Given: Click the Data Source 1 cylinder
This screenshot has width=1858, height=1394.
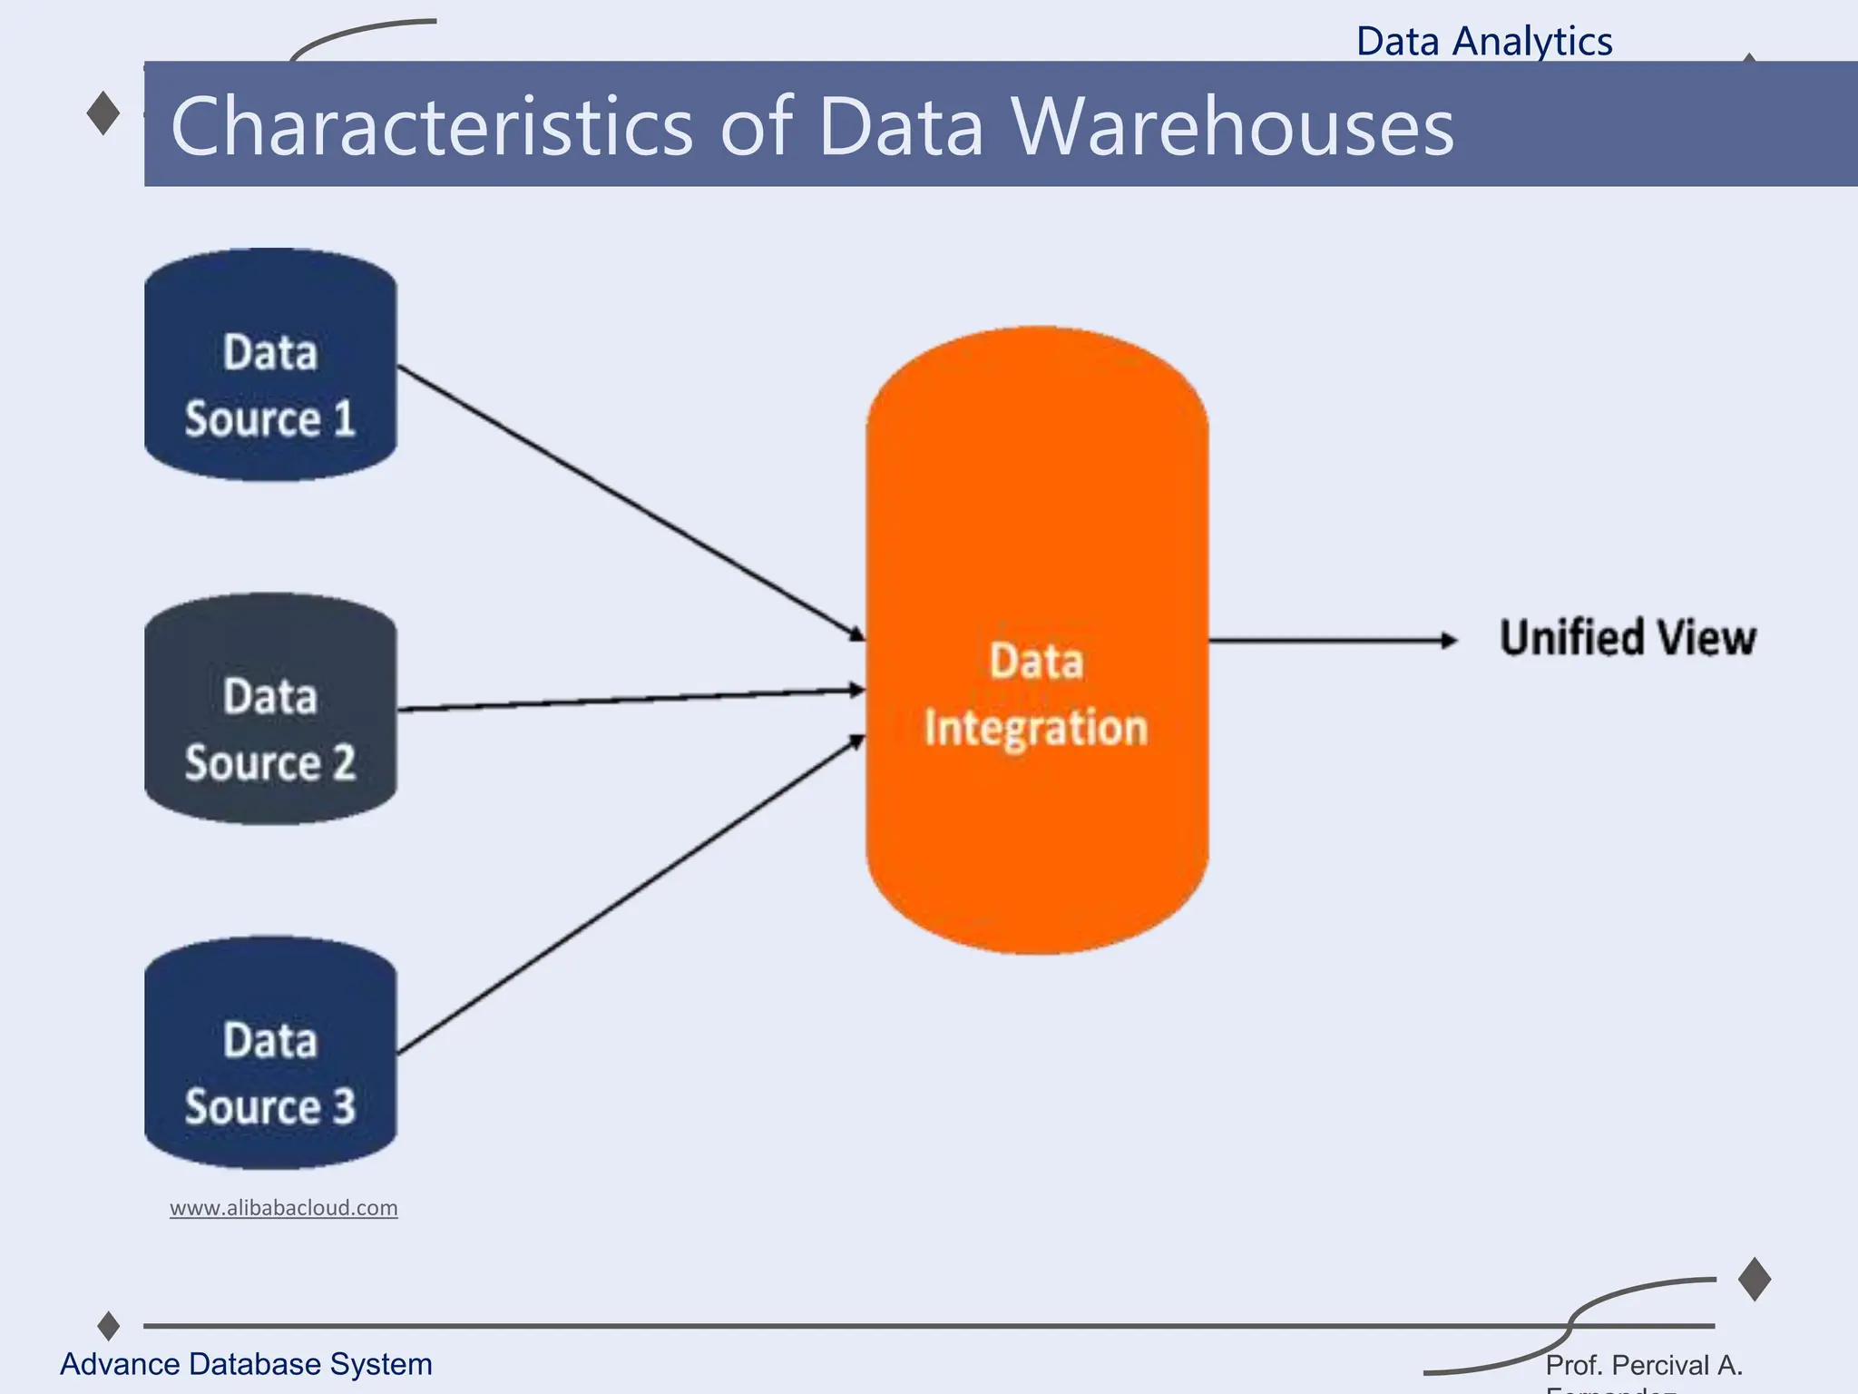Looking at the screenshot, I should [x=270, y=365].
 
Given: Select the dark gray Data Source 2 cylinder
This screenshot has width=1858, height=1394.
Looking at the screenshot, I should [x=270, y=710].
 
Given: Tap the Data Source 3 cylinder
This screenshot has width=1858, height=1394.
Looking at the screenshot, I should [x=270, y=1053].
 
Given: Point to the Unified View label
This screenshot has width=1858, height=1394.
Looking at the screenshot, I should [x=1628, y=638].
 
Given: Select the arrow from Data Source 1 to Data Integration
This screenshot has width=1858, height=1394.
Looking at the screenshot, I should [x=631, y=501].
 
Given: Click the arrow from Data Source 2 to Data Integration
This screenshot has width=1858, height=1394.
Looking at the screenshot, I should [x=631, y=700].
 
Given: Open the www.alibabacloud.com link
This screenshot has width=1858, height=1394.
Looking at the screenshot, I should [x=283, y=1208].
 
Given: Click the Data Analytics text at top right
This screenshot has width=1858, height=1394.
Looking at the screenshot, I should [x=1484, y=42].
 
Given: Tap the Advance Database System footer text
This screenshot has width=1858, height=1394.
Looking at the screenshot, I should [x=246, y=1364].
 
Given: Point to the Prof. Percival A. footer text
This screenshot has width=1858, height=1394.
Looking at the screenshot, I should [x=1643, y=1365].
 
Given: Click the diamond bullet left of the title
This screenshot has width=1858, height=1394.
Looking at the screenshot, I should [x=103, y=113].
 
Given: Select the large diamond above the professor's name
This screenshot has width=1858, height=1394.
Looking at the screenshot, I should [x=1755, y=1280].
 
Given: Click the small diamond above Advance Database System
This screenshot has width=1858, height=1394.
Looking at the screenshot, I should [x=109, y=1326].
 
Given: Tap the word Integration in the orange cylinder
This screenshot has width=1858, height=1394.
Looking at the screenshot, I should [x=1035, y=729].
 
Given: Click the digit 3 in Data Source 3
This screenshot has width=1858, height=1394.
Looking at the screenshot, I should [x=344, y=1107].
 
